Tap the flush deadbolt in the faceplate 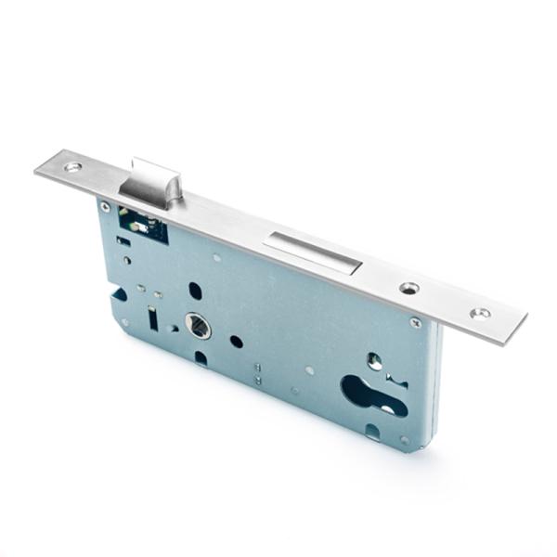click(312, 251)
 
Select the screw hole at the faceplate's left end click(72, 167)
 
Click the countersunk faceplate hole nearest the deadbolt click(408, 289)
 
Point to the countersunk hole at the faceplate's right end click(480, 314)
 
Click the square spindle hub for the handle click(199, 325)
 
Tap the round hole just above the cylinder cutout click(373, 360)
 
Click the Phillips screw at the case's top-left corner click(105, 207)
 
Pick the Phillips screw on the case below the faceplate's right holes click(415, 323)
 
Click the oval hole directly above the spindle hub click(195, 290)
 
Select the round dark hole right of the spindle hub click(237, 342)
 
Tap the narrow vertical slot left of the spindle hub click(151, 319)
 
